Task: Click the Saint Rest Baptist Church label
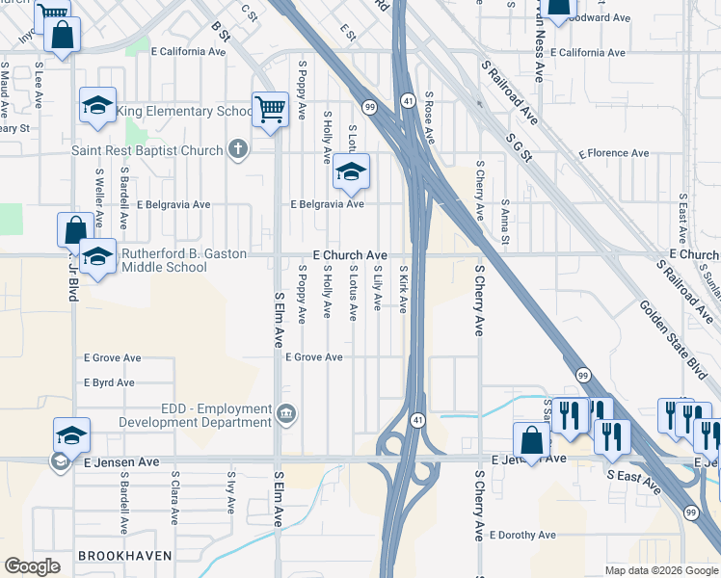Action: coord(147,150)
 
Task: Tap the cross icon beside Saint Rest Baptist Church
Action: coord(239,149)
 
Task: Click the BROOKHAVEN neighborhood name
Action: coord(125,556)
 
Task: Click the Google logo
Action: coord(32,566)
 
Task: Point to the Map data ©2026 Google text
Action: coord(660,570)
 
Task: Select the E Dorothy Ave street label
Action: coord(522,535)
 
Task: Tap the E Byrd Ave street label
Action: coord(109,382)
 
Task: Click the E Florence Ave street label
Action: coord(613,153)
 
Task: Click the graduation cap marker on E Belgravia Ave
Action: coord(352,174)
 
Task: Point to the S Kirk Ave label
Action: coord(403,289)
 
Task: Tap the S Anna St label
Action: coord(504,222)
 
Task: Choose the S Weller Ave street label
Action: coord(99,192)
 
